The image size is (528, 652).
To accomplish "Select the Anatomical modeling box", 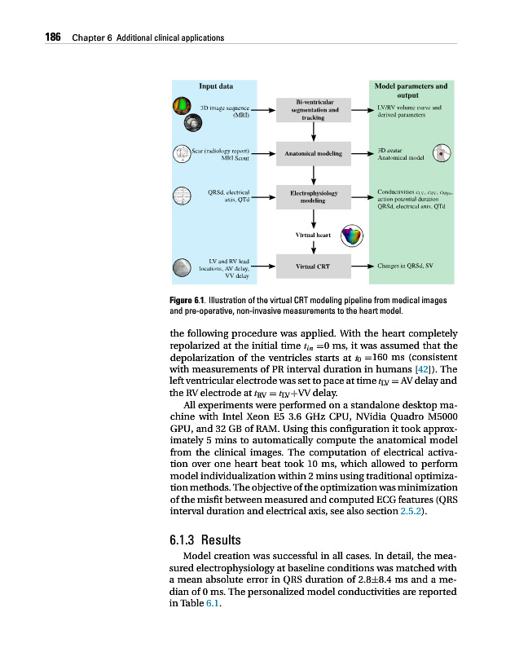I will pyautogui.click(x=313, y=153).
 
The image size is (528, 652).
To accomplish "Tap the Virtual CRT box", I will pyautogui.click(x=313, y=266).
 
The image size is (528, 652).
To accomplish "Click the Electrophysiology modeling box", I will pyautogui.click(x=313, y=196).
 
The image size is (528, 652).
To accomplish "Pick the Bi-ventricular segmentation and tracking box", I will pyautogui.click(x=313, y=109).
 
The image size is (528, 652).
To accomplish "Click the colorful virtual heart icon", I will pyautogui.click(x=352, y=236).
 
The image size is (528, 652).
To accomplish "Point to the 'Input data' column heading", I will pyautogui.click(x=216, y=85).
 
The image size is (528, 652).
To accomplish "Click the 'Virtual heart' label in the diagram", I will pyautogui.click(x=314, y=235).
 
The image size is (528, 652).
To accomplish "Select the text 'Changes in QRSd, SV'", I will pyautogui.click(x=406, y=266).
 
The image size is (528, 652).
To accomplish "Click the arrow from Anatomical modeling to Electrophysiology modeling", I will pyautogui.click(x=314, y=174).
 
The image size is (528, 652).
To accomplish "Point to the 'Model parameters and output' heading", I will pyautogui.click(x=410, y=90).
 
